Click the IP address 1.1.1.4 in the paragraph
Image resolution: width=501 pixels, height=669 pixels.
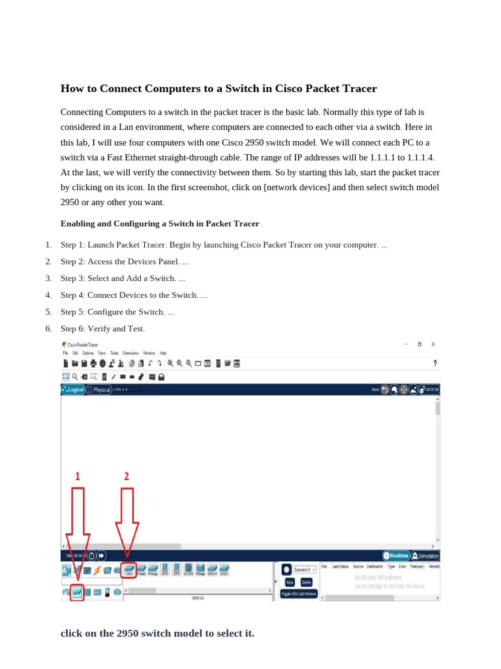coord(416,158)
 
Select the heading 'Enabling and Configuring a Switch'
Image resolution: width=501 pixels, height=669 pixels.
coord(160,223)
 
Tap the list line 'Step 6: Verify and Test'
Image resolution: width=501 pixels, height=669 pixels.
coord(102,329)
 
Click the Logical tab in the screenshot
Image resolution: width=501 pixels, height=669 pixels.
coord(73,389)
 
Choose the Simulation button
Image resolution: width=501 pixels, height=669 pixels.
coord(425,556)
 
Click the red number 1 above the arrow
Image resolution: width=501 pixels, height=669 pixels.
coord(78,476)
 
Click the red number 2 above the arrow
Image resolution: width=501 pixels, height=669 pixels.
coord(127,476)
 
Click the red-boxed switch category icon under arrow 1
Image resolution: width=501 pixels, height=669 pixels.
coord(78,592)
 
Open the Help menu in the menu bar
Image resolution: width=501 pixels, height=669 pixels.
coord(163,353)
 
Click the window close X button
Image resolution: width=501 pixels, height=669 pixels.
coord(433,344)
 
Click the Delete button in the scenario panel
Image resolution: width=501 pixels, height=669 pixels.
coord(307,581)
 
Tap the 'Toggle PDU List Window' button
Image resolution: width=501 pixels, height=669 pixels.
coord(298,594)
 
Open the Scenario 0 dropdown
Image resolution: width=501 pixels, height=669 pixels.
coord(305,570)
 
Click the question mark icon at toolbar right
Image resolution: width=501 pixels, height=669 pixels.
coord(434,363)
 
